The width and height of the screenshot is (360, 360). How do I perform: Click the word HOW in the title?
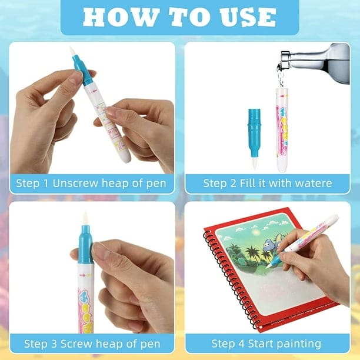pyautogui.click(x=121, y=17)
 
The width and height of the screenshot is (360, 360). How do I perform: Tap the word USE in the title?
pyautogui.click(x=248, y=17)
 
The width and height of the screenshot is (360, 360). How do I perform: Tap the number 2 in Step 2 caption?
pyautogui.click(x=233, y=183)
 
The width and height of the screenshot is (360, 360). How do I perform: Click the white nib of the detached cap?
pyautogui.click(x=254, y=163)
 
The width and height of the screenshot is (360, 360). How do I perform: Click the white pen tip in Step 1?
pyautogui.click(x=72, y=52)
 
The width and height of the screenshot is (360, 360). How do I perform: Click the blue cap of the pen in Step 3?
pyautogui.click(x=85, y=244)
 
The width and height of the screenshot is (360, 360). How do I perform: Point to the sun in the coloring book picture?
pyautogui.click(x=255, y=233)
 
